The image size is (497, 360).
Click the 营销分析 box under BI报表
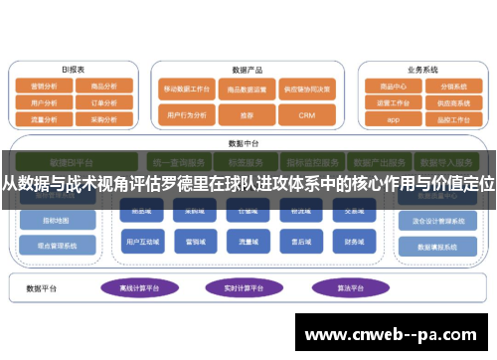(44, 87)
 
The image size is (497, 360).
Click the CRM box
(306, 115)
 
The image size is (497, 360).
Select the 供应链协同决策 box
(306, 88)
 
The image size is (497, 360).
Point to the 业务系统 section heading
(422, 71)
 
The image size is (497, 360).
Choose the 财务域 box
(353, 241)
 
